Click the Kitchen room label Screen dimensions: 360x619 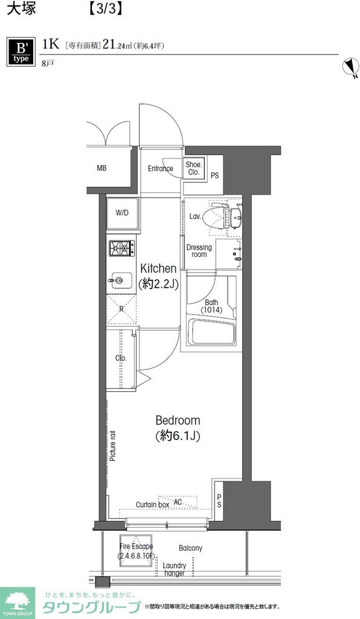[x=158, y=268]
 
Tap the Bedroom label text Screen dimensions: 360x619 [x=178, y=420]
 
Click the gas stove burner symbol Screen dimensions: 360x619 [x=122, y=248]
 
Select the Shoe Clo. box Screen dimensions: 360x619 [x=194, y=169]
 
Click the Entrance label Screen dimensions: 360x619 [x=161, y=169]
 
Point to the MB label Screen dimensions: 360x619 [x=101, y=168]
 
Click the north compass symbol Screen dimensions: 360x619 [x=350, y=67]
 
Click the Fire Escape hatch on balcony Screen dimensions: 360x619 [x=137, y=550]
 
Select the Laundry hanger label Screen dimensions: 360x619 [x=175, y=569]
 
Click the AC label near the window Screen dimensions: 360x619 [x=178, y=502]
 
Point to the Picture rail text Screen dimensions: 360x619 [x=113, y=446]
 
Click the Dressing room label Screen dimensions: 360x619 [x=199, y=251]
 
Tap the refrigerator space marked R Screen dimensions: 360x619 [x=121, y=309]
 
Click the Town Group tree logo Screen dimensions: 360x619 [x=18, y=601]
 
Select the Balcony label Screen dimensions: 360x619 [x=190, y=548]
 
